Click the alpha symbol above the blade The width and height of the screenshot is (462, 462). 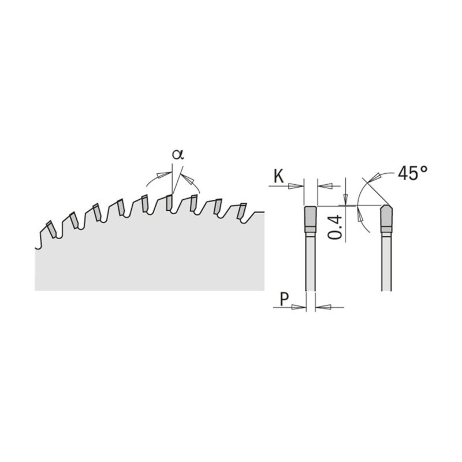point(178,154)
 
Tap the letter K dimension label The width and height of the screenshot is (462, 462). point(279,177)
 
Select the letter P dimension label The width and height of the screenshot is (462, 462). point(284,299)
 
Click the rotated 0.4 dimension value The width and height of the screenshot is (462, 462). point(335,227)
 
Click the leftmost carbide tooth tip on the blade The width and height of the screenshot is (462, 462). point(51,229)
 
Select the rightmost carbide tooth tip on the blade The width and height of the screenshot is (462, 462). point(241,211)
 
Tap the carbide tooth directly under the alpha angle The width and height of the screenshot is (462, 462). point(169,203)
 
